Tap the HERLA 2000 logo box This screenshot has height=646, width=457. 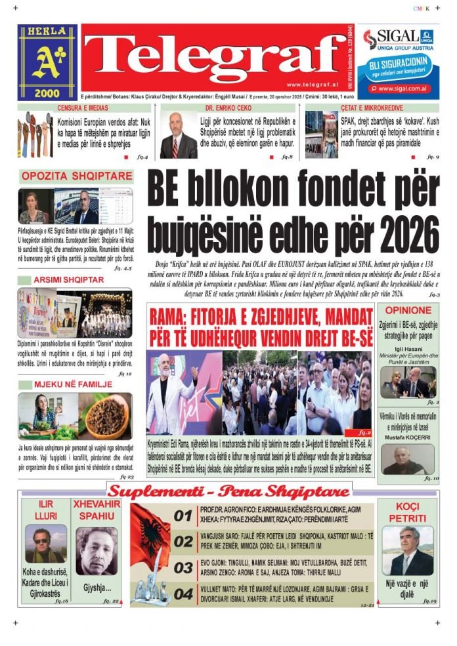click(x=47, y=62)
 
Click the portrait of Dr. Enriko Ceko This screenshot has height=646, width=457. click(x=178, y=136)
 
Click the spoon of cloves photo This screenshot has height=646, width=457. click(x=107, y=416)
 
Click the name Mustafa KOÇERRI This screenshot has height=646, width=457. click(x=408, y=437)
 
